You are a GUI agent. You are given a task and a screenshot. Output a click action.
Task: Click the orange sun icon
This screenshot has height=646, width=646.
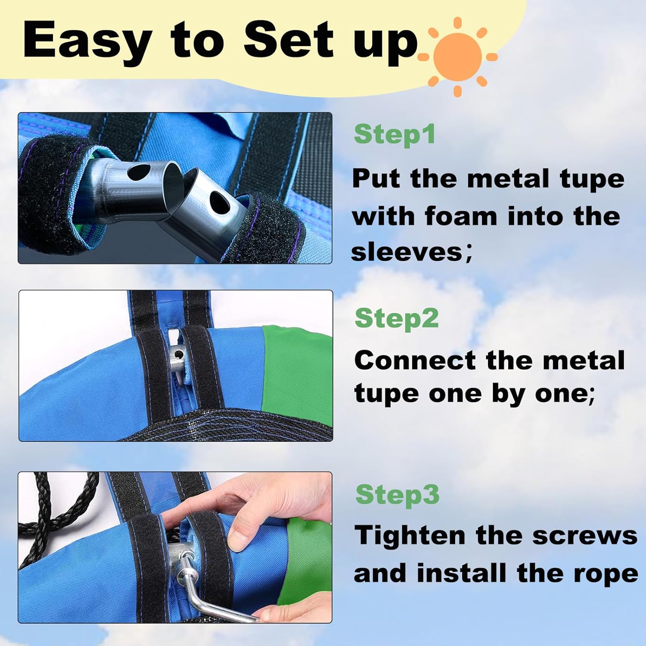coord(458,56)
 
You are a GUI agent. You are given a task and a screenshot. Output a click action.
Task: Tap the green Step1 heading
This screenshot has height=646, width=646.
coord(394,134)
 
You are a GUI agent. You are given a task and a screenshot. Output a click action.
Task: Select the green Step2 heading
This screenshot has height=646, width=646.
coord(397,318)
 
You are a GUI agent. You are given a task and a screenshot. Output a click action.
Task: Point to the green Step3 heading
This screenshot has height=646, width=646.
coord(398,494)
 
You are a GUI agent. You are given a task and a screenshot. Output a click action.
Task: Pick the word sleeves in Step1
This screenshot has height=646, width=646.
coord(407,252)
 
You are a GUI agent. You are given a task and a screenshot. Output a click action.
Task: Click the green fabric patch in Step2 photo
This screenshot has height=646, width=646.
coord(297,370)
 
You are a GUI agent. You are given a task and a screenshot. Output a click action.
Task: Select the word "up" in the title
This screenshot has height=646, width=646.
coord(385,45)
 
